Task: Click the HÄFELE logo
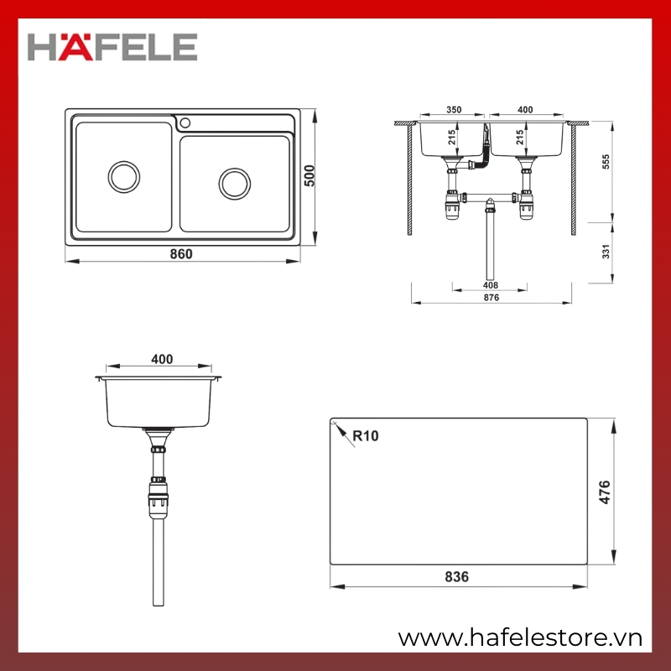point(112,47)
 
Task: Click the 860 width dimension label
point(181,254)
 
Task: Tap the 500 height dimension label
point(309,176)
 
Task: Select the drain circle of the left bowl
point(124,177)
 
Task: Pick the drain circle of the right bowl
point(235,184)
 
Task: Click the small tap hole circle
point(185,122)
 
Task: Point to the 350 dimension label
point(454,110)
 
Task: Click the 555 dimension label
point(606,162)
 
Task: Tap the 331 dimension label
point(606,252)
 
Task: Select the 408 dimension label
point(491,285)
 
